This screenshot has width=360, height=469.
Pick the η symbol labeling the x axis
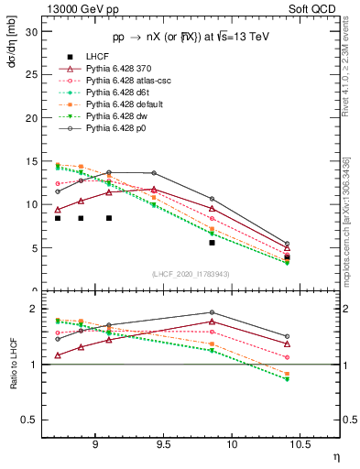(335, 454)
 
